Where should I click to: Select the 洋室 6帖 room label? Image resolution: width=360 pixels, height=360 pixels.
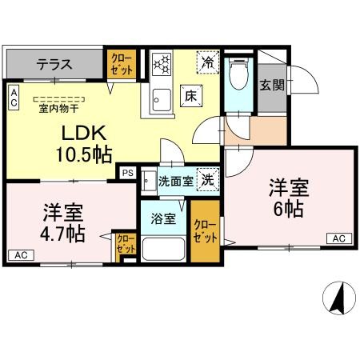pyautogui.click(x=286, y=199)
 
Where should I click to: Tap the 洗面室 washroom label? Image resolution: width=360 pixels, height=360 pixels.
pyautogui.click(x=174, y=182)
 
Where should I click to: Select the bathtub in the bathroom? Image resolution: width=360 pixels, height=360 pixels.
pyautogui.click(x=163, y=249)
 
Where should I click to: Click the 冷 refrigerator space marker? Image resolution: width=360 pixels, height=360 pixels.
pyautogui.click(x=207, y=60)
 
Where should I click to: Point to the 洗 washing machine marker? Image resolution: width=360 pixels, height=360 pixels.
pyautogui.click(x=206, y=181)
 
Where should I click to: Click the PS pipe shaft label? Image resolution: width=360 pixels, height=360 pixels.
pyautogui.click(x=127, y=171)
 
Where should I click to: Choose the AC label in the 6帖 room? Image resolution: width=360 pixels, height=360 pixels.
pyautogui.click(x=338, y=238)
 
